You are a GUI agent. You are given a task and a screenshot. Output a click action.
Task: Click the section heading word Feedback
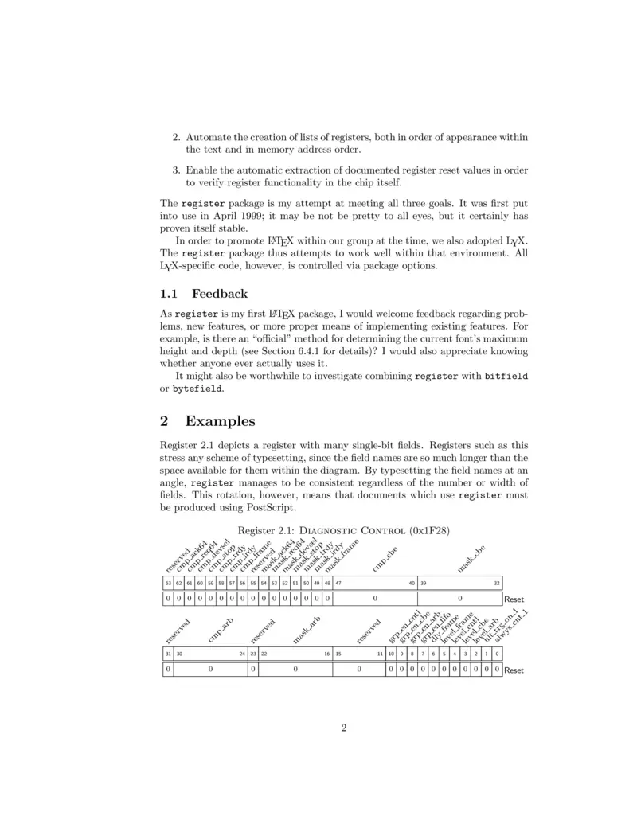pos(220,294)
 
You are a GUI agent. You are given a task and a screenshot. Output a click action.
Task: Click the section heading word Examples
pos(220,422)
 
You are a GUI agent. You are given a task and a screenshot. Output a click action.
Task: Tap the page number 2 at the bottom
pos(343,727)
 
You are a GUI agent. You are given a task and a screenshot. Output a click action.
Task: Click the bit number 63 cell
pos(168,583)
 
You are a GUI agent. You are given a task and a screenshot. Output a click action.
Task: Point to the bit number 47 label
pos(338,583)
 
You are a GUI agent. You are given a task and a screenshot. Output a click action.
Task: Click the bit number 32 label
pos(497,583)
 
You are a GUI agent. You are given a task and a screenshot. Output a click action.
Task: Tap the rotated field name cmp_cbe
pos(384,560)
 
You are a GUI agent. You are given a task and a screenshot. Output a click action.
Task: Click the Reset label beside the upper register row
pos(514,599)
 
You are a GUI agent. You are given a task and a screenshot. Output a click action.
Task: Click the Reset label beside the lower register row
pos(514,670)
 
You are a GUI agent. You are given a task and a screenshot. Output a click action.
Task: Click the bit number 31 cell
pos(168,654)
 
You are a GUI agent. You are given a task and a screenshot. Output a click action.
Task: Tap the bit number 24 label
pos(242,654)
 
